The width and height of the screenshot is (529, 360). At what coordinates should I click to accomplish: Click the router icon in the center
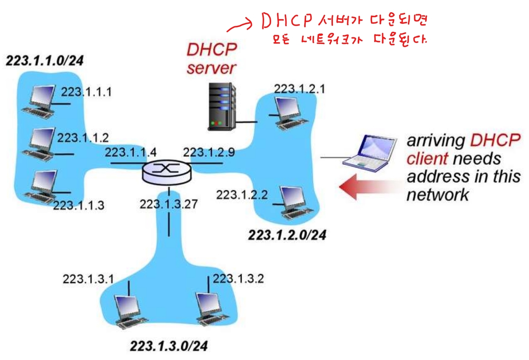click(x=167, y=172)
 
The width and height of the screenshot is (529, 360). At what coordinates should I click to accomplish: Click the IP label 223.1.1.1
click(x=87, y=92)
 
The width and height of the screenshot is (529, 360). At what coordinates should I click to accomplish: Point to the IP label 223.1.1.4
click(x=131, y=152)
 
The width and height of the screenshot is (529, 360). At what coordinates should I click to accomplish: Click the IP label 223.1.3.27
click(x=169, y=204)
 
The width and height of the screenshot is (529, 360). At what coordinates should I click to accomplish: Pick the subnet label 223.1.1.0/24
click(x=45, y=61)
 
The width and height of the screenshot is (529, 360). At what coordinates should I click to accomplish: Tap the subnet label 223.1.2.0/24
click(x=287, y=235)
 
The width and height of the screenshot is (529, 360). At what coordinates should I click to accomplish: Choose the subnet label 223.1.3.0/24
click(x=169, y=346)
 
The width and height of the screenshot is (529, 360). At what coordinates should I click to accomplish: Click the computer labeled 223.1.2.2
click(x=295, y=203)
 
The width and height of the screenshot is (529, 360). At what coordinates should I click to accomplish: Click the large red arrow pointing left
click(x=366, y=187)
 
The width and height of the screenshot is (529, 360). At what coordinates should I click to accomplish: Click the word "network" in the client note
click(x=438, y=195)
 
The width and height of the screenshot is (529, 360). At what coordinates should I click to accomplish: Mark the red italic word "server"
click(x=211, y=68)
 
